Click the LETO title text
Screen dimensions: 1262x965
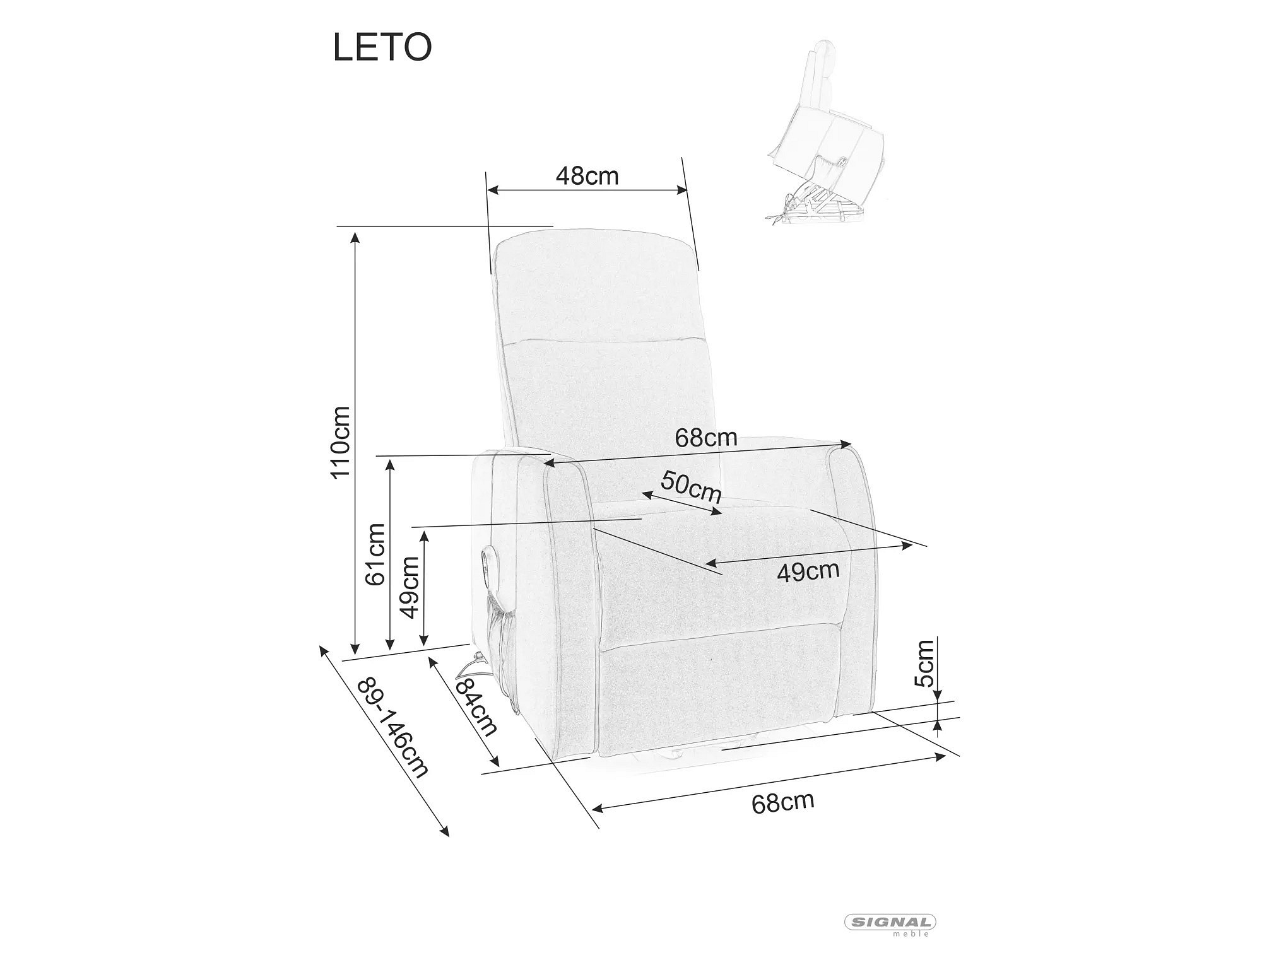coord(382,47)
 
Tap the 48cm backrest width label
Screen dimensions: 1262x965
coord(587,175)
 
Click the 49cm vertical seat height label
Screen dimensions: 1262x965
coord(410,587)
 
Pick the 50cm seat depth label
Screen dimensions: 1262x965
coord(691,487)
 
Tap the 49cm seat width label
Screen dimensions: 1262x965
coord(808,571)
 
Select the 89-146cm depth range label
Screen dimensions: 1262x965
coord(392,728)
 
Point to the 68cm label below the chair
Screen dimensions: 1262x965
coord(782,802)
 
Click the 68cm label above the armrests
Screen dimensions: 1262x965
coord(706,437)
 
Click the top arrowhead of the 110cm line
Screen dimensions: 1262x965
coord(355,237)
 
